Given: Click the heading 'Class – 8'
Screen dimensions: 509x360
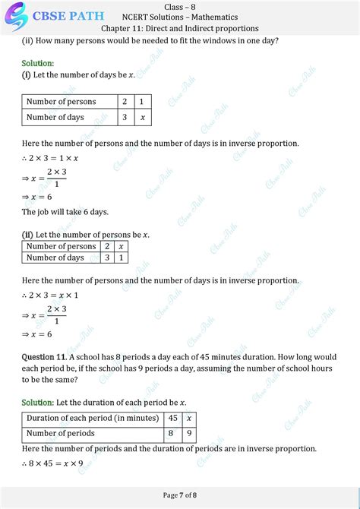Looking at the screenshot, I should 179,6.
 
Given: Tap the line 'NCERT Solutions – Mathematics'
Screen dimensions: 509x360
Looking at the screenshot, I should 179,17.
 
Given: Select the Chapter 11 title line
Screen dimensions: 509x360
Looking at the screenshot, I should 179,28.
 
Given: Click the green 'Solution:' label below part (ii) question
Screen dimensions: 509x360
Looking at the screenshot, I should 37,63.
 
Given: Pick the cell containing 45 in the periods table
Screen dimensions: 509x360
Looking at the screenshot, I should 172,418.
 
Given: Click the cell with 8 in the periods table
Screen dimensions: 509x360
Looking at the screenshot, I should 172,433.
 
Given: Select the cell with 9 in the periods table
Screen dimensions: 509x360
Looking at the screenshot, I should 190,433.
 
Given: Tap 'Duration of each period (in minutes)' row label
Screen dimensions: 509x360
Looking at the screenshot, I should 92,418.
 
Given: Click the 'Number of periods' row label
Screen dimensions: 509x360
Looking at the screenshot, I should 60,433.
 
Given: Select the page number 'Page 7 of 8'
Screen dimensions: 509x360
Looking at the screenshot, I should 180,495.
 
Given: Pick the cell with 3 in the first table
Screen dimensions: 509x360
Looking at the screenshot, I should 124,117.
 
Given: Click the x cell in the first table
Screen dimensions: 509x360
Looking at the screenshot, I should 142,117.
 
